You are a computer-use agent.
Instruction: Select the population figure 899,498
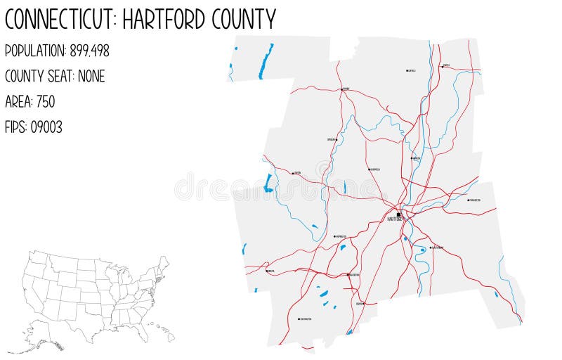coord(89,51)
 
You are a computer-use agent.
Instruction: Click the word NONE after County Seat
coord(91,76)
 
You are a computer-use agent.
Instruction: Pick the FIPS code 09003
coord(46,127)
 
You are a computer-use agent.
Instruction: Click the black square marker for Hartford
coord(398,214)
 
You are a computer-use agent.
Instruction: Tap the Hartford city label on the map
coord(396,220)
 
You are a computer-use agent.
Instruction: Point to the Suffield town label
coord(412,70)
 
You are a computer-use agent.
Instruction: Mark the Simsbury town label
coord(331,139)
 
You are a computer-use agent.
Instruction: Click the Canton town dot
coord(293,172)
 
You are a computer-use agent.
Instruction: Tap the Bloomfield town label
coord(375,169)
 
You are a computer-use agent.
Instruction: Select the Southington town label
coord(306,319)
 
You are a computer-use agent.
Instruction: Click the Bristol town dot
coord(267,271)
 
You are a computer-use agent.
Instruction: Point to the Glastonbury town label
coord(437,247)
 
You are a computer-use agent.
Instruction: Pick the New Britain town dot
coord(348,275)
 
